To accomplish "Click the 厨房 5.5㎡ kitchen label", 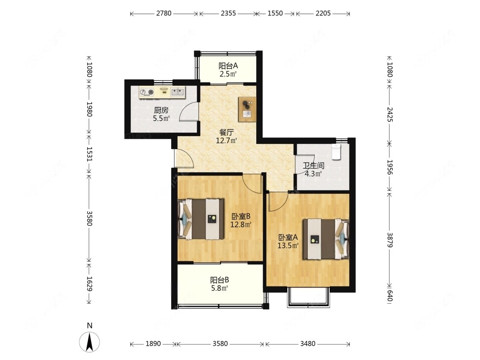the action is (161, 114).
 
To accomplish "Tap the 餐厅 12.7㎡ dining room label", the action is (226, 137).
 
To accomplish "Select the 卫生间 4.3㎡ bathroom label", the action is (313, 170).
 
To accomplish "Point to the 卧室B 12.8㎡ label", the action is (241, 220).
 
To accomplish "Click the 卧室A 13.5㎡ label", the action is (288, 241).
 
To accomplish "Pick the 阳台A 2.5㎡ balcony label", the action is (228, 70).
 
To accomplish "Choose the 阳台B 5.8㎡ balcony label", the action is (220, 284).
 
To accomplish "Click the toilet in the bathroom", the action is (336, 152).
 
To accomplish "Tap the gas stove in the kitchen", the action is (146, 92).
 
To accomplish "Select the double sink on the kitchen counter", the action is (178, 91).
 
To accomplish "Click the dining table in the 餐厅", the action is (247, 109).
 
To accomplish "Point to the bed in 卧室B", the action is (201, 219).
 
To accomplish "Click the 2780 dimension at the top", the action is (164, 14).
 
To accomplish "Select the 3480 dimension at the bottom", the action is (307, 344).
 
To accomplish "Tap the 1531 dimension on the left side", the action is (89, 154).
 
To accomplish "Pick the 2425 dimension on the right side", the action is (390, 114).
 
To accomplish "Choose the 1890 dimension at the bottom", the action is (153, 344).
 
